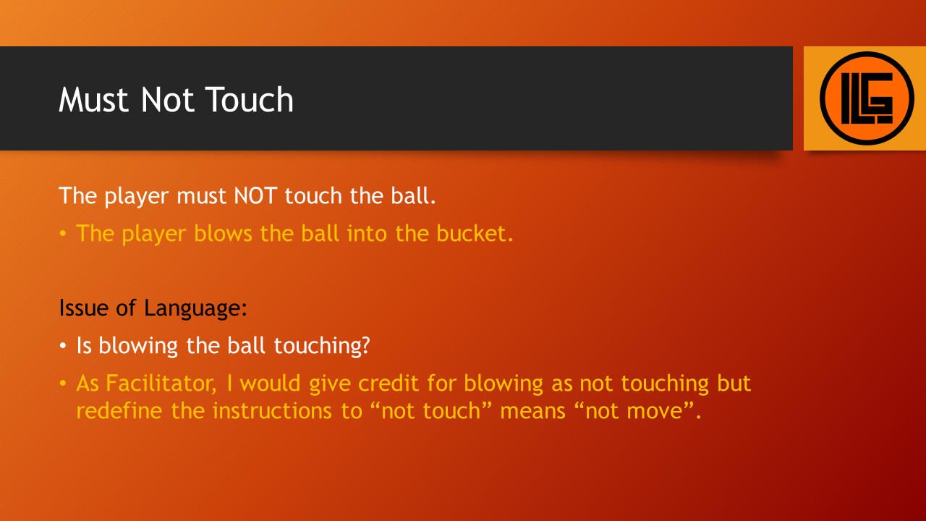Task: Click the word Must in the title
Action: click(93, 99)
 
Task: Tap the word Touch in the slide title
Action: click(250, 99)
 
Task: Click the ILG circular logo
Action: click(867, 98)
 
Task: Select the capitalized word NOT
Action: click(255, 195)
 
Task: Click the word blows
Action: click(223, 233)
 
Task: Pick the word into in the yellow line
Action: click(368, 233)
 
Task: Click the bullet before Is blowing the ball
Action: click(63, 345)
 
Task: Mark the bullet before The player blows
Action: click(63, 233)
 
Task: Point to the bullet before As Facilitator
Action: click(63, 383)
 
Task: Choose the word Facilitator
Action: click(161, 383)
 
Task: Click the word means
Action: click(532, 412)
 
